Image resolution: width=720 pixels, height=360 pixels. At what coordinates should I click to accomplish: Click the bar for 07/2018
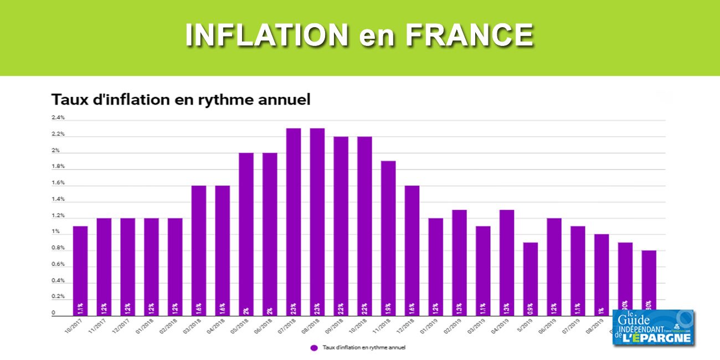click(x=294, y=222)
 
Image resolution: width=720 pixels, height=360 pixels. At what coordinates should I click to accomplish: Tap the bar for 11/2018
click(x=388, y=238)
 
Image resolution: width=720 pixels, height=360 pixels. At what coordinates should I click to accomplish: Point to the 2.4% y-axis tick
click(x=58, y=117)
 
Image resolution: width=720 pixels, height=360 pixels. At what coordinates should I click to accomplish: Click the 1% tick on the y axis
click(x=56, y=232)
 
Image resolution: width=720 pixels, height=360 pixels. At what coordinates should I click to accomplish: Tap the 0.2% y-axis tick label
click(x=58, y=297)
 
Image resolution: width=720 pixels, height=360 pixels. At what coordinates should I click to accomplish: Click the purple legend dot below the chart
click(x=314, y=348)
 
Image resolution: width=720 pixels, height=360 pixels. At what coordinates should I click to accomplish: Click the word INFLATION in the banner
click(x=267, y=36)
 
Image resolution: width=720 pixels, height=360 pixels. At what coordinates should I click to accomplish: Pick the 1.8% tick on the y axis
click(x=58, y=166)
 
